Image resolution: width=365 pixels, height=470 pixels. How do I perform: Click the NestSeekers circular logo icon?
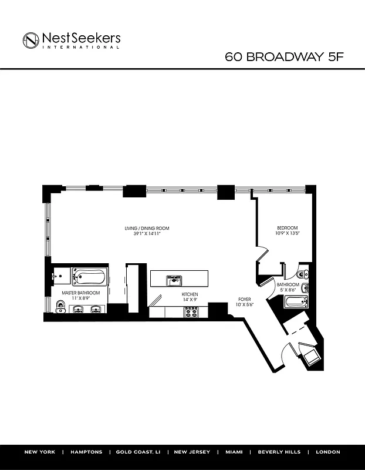pyautogui.click(x=31, y=40)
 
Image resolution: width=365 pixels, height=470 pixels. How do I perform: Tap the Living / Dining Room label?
pyautogui.click(x=147, y=228)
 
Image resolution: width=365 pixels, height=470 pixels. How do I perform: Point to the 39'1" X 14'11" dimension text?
pyautogui.click(x=147, y=233)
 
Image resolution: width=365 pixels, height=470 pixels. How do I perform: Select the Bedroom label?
pyautogui.click(x=288, y=228)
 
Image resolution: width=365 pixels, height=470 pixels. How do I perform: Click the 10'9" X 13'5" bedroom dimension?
pyautogui.click(x=288, y=233)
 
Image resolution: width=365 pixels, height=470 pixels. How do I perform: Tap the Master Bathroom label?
pyautogui.click(x=81, y=293)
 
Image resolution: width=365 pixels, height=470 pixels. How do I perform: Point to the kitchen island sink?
pyautogui.click(x=174, y=279)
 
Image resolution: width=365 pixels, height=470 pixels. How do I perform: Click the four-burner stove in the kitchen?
pyautogui.click(x=192, y=312)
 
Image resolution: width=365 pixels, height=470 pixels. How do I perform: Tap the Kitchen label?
pyautogui.click(x=190, y=294)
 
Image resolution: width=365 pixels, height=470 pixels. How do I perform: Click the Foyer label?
pyautogui.click(x=244, y=299)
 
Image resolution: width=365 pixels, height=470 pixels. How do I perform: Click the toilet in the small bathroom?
pyautogui.click(x=302, y=274)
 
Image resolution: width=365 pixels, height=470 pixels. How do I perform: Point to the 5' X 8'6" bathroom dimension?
pyautogui.click(x=288, y=290)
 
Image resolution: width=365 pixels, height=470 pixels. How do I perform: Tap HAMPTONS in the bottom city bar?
pyautogui.click(x=86, y=452)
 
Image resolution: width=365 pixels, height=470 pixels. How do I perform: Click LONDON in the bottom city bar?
pyautogui.click(x=327, y=452)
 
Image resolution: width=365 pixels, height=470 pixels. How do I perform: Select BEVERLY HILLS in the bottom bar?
pyautogui.click(x=279, y=452)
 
